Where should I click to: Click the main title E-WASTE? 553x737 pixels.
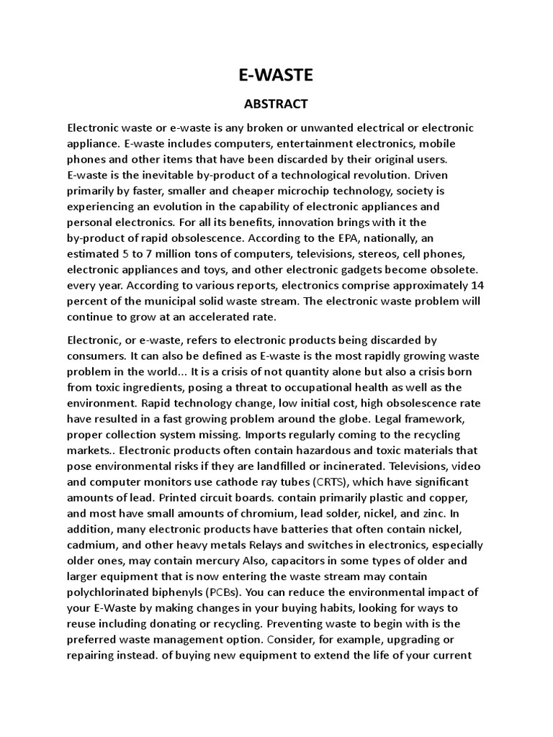[x=276, y=74]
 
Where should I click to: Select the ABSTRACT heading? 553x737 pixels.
[x=276, y=104]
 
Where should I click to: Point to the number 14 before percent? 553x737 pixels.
[x=476, y=284]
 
